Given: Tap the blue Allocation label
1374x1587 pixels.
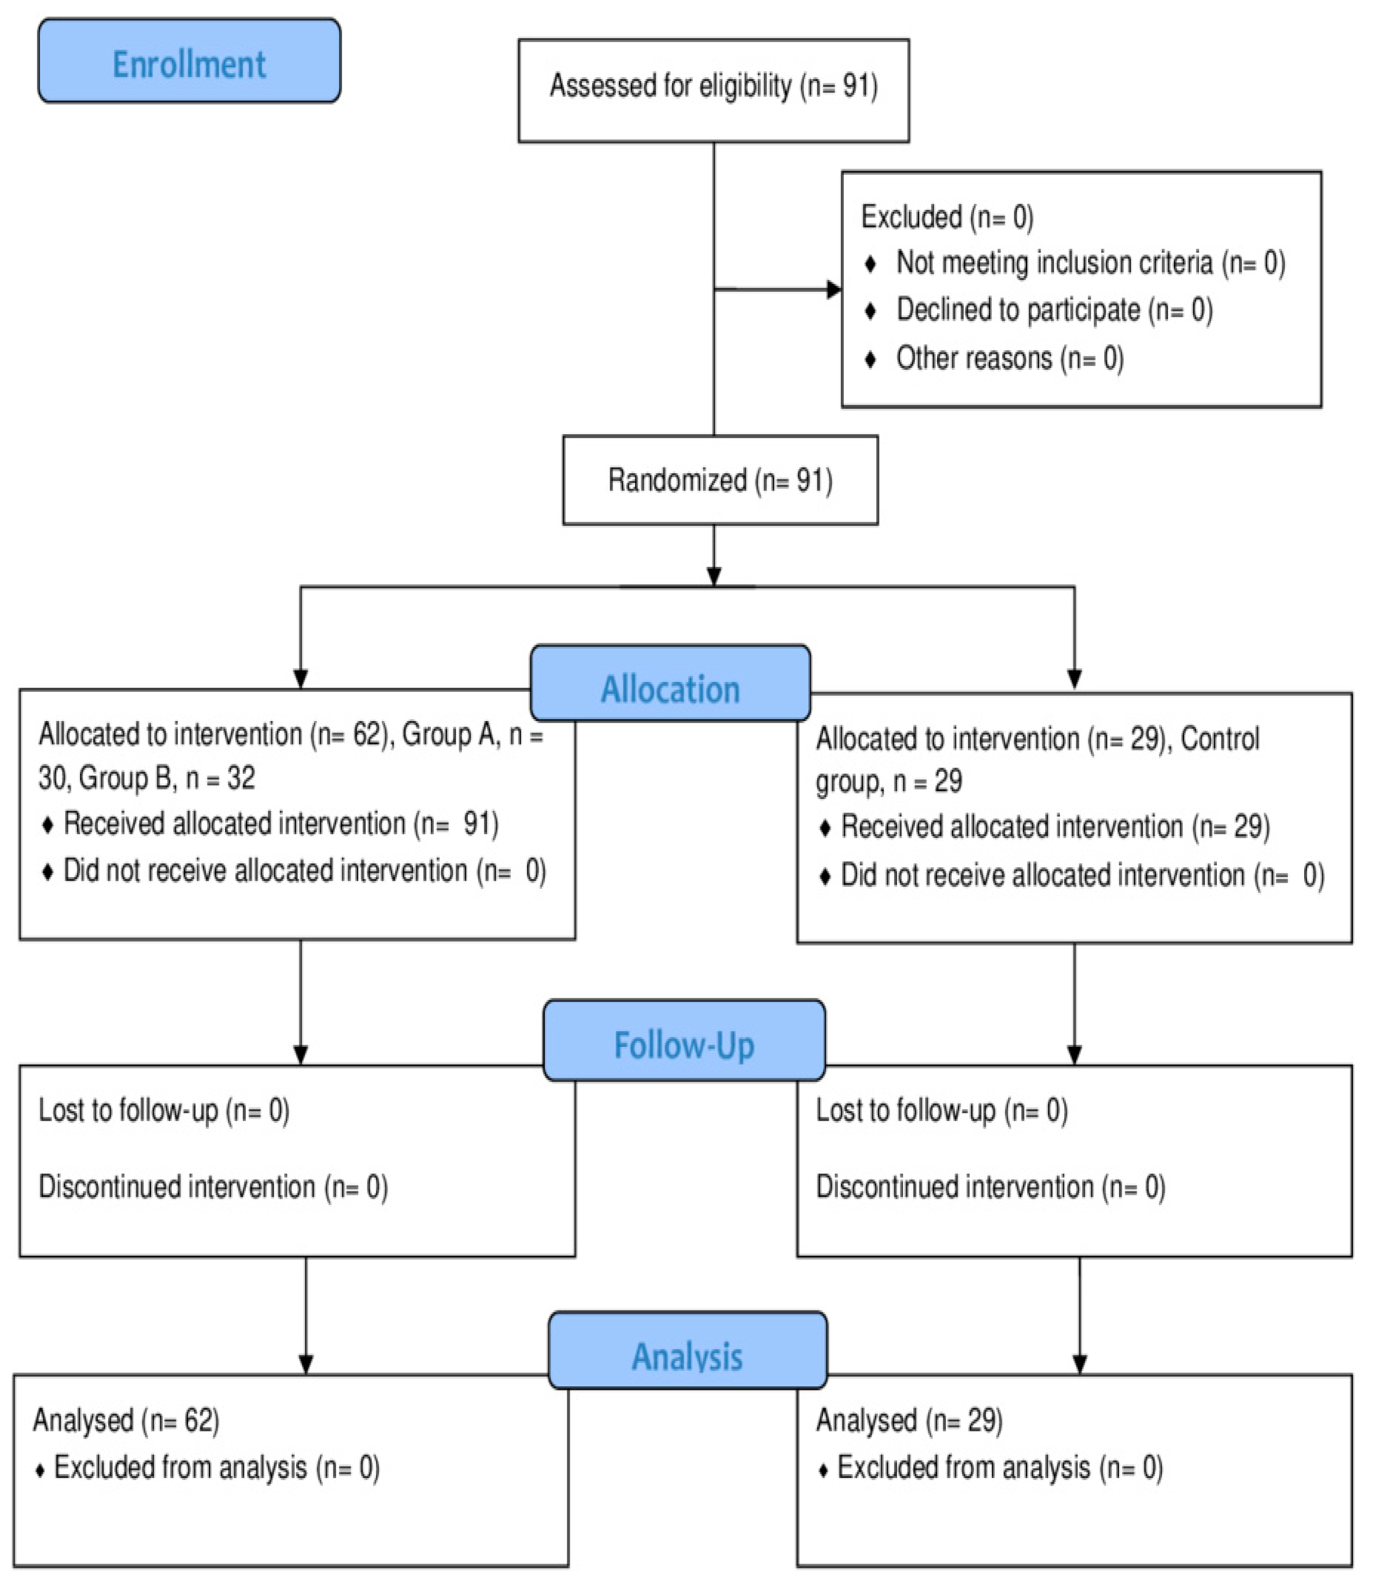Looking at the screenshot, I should click(x=670, y=689).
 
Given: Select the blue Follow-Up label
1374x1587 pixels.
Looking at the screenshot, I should click(x=684, y=1044).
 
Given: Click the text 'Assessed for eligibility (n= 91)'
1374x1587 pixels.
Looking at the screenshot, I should click(x=713, y=86).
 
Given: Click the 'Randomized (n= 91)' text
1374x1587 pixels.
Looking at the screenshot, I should click(x=720, y=481).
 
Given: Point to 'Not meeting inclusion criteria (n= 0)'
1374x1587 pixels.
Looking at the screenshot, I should click(x=1090, y=263).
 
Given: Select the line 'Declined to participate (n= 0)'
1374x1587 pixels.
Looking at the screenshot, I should click(x=1054, y=310).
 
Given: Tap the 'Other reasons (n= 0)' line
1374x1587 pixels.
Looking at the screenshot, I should click(x=1009, y=358).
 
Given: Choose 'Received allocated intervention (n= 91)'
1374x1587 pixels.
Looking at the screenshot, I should click(x=281, y=823).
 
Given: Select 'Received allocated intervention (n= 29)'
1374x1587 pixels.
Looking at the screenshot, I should click(x=1055, y=826).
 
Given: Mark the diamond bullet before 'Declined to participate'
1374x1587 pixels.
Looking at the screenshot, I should click(x=870, y=311).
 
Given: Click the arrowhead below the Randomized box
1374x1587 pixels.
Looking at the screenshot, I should click(x=714, y=576).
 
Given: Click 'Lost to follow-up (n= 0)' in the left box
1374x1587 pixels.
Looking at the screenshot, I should click(x=163, y=1110).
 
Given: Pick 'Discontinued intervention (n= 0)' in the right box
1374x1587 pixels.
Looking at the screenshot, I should click(x=990, y=1187).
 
